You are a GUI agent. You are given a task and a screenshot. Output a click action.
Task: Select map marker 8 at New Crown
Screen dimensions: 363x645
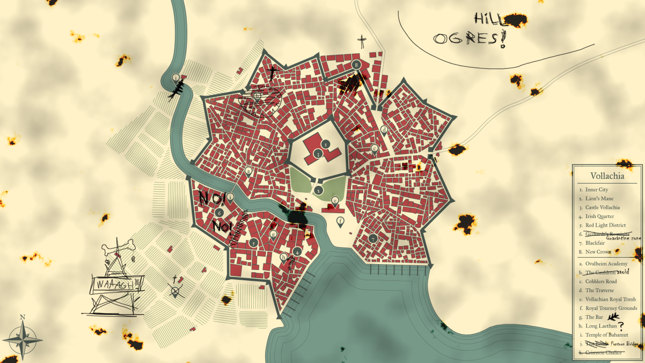click(x=356, y=65)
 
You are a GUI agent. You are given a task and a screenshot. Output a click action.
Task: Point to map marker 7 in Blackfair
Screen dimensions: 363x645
click(x=373, y=238)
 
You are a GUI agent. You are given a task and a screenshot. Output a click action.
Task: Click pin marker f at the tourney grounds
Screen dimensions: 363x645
click(x=340, y=220)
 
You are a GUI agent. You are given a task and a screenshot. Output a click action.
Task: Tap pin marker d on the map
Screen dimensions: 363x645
click(x=384, y=130)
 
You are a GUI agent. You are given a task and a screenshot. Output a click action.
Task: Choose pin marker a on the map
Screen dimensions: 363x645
click(x=248, y=171)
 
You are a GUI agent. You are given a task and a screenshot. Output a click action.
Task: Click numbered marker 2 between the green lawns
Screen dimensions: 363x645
click(x=318, y=190)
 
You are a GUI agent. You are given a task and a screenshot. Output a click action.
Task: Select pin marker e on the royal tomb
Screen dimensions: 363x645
click(x=335, y=201)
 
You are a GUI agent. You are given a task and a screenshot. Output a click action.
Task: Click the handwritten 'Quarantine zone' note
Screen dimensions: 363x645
click(x=623, y=237)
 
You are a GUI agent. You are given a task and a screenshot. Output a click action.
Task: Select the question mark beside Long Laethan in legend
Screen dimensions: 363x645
click(x=621, y=326)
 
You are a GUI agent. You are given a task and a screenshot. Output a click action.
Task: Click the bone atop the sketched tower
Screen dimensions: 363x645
click(x=115, y=249)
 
